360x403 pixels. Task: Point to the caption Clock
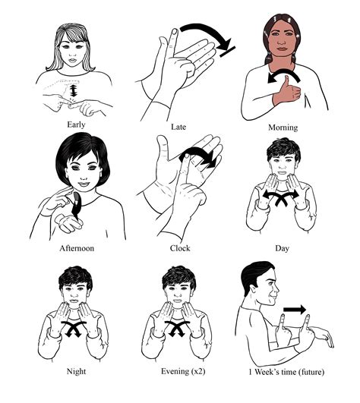(179, 247)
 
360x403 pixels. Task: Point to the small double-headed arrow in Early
(74, 93)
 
